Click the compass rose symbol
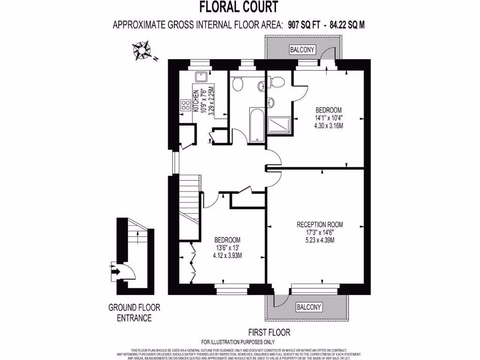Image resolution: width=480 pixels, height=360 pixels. click(x=142, y=50)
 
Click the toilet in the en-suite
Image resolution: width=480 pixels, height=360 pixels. click(x=277, y=82)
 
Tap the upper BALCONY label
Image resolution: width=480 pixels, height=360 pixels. click(x=302, y=50)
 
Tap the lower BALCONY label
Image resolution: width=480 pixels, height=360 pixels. click(x=309, y=307)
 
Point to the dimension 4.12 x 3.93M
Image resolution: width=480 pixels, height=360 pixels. click(x=227, y=255)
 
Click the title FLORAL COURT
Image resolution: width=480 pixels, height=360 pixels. click(x=239, y=7)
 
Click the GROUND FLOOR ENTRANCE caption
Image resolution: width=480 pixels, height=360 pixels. click(x=134, y=313)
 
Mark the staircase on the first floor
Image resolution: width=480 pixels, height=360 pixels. click(x=190, y=197)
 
